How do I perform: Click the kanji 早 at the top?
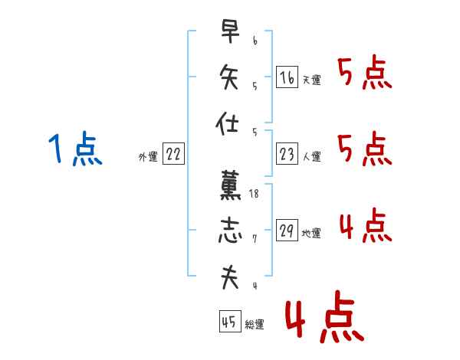coord(230,31)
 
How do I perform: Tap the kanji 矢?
coord(229,77)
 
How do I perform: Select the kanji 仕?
coord(227,123)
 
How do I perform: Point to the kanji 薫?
coord(230,185)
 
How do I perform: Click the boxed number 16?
coord(287,77)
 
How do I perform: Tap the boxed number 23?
coord(287,154)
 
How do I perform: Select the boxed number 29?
coord(287,230)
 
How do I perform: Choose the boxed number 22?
coord(173,153)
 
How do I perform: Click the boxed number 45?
coord(230,321)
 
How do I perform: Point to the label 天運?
coord(311,80)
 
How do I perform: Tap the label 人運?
coord(311,156)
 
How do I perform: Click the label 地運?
coord(311,234)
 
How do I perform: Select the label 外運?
coord(148,157)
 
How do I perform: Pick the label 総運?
coord(255,324)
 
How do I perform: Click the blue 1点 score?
coord(75,148)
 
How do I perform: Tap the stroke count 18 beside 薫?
coord(254,194)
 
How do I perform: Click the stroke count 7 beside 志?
coord(255,239)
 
